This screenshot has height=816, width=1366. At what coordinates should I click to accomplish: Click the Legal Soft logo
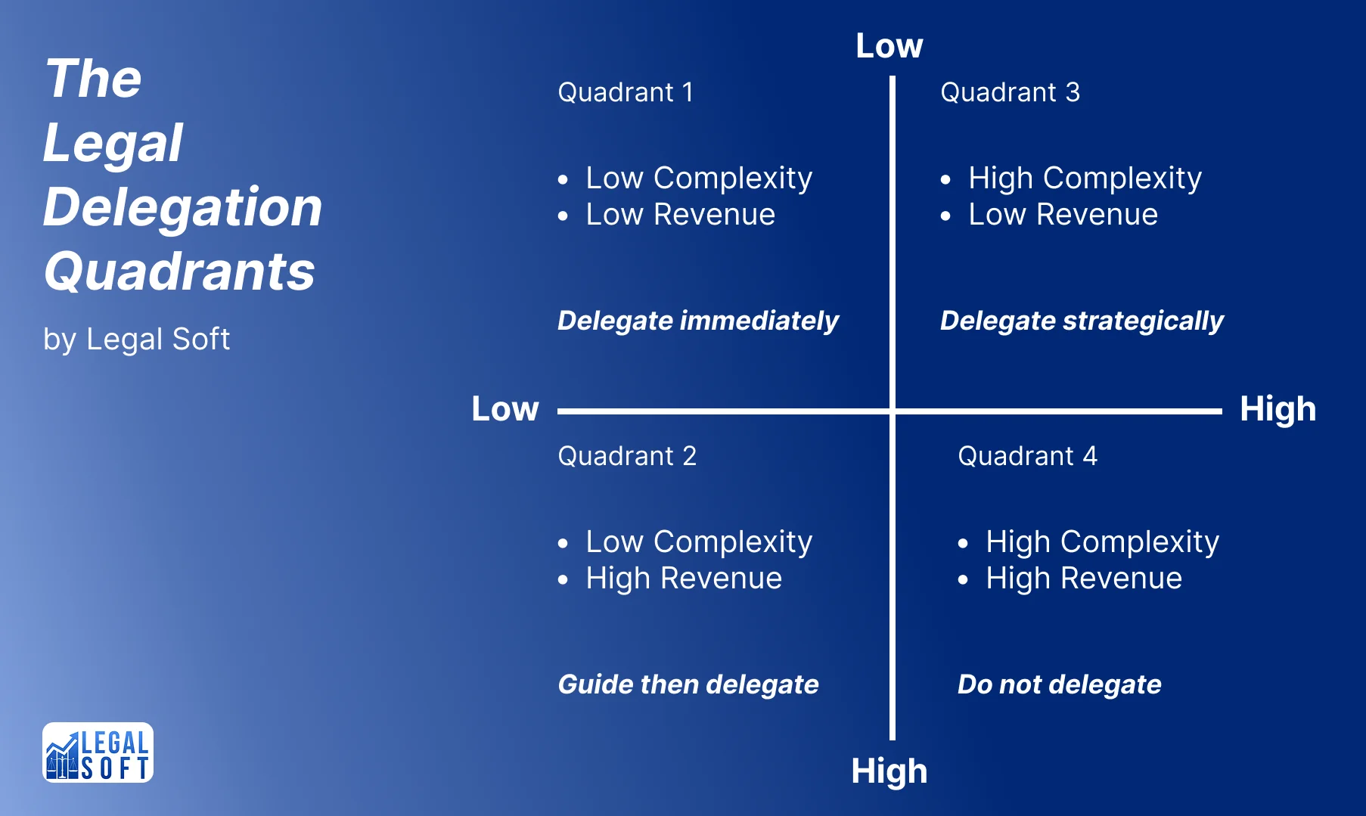[x=98, y=752]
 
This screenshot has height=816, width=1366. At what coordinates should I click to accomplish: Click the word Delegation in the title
[x=182, y=207]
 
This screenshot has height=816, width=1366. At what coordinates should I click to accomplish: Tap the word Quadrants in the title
[x=179, y=271]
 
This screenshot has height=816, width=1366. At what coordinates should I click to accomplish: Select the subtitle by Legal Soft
[x=136, y=339]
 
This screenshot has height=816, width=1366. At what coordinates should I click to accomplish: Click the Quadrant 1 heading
[x=625, y=92]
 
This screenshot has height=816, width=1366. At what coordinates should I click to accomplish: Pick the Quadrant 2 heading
[x=626, y=456]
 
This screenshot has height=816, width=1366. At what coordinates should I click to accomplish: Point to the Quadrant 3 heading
[x=1009, y=92]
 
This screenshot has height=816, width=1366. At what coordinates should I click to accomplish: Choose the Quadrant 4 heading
[x=1026, y=456]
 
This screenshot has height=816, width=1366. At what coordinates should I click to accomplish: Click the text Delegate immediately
[x=697, y=321]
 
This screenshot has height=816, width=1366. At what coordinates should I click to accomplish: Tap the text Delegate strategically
[x=1081, y=321]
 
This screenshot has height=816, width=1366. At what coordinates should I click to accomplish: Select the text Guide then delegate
[x=688, y=684]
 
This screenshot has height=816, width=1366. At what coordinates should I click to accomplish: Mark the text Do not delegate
[x=1059, y=684]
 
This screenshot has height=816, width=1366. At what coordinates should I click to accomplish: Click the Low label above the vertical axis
[x=889, y=45]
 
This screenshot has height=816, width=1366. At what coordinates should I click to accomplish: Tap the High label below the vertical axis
[x=889, y=771]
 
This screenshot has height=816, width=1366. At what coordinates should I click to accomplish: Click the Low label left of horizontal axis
[x=504, y=409]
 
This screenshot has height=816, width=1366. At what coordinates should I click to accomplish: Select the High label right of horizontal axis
[x=1278, y=409]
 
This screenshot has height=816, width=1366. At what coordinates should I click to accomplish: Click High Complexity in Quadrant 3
[x=1085, y=178]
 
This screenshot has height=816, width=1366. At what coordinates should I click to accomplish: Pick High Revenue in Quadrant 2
[x=684, y=579]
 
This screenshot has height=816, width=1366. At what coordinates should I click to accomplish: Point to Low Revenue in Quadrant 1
[x=680, y=215]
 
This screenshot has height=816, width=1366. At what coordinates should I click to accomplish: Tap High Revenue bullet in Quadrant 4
[x=1083, y=579]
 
